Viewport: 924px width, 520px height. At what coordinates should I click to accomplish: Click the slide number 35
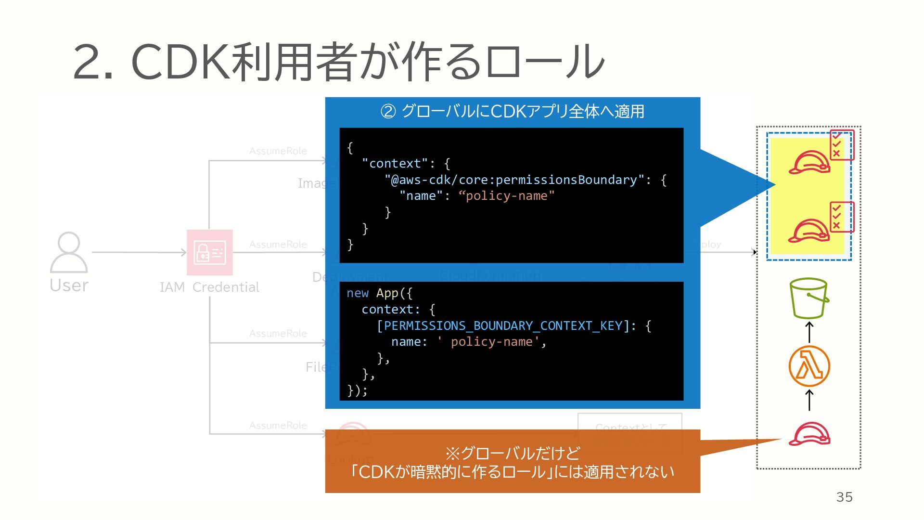click(x=844, y=497)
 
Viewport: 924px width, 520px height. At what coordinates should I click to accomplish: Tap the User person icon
click(x=69, y=252)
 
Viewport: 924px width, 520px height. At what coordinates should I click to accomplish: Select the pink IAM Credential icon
click(x=209, y=252)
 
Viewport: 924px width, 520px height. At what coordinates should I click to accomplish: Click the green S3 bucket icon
click(x=809, y=298)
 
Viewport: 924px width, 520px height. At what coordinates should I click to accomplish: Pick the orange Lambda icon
click(x=809, y=366)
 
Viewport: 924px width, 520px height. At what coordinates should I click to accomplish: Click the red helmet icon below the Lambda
click(x=809, y=434)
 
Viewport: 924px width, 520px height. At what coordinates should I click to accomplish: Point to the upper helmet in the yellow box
click(x=809, y=162)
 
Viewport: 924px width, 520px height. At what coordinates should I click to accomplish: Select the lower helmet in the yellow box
click(x=809, y=231)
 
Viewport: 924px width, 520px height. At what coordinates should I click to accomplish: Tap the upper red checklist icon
click(x=842, y=145)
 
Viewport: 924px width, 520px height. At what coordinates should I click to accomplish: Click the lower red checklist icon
click(x=842, y=217)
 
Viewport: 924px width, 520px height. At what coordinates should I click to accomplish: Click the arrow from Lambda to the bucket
click(x=809, y=332)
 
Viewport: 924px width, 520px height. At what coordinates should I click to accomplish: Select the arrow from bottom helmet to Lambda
click(x=809, y=400)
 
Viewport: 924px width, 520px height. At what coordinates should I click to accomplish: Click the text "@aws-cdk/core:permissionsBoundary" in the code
click(x=514, y=180)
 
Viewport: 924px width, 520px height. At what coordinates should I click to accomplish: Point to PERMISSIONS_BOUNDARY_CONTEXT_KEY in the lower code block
click(x=503, y=326)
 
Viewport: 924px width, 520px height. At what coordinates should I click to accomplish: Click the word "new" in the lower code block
click(x=357, y=293)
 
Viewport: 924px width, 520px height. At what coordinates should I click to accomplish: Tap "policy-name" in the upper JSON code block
click(x=506, y=196)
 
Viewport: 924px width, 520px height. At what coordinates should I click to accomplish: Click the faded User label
click(x=69, y=286)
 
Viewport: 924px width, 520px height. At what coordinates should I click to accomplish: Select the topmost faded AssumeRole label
click(x=278, y=151)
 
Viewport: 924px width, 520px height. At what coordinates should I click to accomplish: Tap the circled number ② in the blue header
click(x=388, y=112)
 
